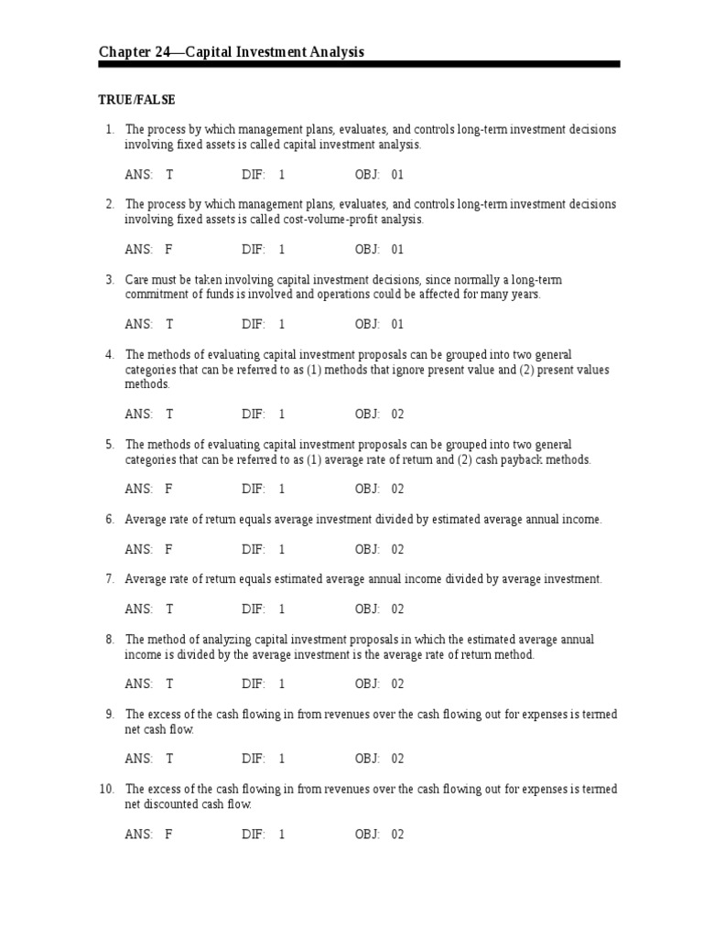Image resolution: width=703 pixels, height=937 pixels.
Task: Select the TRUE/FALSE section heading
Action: (x=136, y=100)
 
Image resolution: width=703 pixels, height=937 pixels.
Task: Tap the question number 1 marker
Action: (x=109, y=129)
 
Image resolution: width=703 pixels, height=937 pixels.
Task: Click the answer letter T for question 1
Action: (x=169, y=174)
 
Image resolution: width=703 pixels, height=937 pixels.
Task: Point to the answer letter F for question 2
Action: (x=168, y=249)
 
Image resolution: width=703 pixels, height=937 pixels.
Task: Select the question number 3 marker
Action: (x=109, y=279)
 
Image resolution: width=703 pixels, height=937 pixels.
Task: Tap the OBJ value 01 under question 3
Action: (x=397, y=324)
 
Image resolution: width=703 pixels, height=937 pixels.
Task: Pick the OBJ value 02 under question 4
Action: (x=397, y=414)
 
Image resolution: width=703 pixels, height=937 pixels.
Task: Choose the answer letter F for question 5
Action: (x=168, y=489)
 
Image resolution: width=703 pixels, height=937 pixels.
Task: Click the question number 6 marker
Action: (x=109, y=519)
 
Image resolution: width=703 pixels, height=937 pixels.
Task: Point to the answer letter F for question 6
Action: (x=168, y=549)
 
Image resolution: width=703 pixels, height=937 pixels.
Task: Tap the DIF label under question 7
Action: (x=254, y=609)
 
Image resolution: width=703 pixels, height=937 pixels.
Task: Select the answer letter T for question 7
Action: (x=169, y=609)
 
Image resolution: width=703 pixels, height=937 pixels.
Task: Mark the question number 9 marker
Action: (x=109, y=714)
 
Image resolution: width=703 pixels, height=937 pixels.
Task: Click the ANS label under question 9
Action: (x=138, y=759)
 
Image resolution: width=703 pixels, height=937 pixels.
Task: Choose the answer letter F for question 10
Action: (x=168, y=834)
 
